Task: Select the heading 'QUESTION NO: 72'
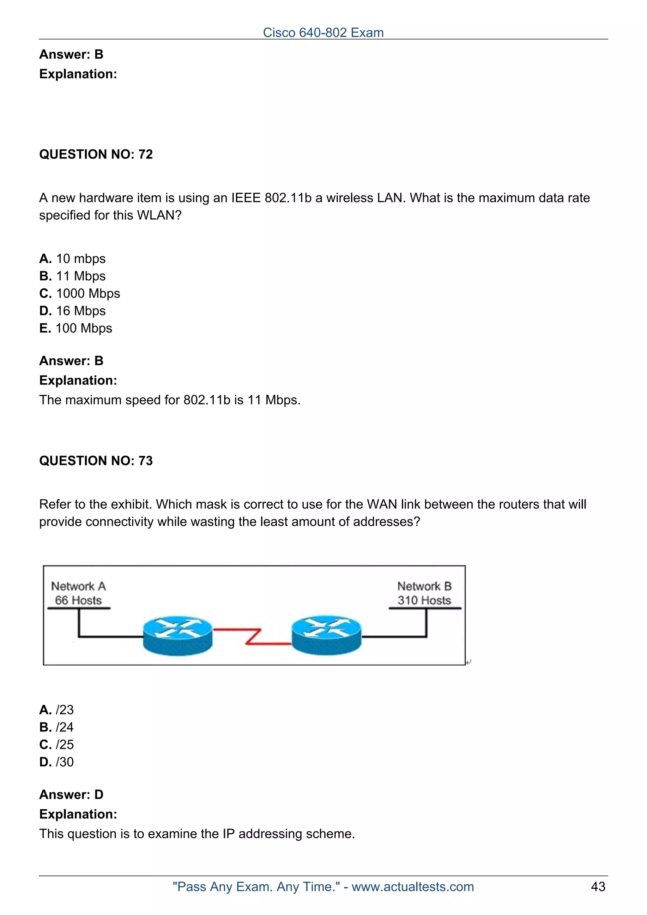(x=96, y=154)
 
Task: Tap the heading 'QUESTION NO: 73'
(x=96, y=461)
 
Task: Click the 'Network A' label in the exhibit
(x=79, y=586)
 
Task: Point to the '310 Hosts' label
(x=424, y=600)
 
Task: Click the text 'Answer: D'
(x=71, y=794)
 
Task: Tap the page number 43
(x=598, y=887)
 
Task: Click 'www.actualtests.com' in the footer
(x=412, y=887)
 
